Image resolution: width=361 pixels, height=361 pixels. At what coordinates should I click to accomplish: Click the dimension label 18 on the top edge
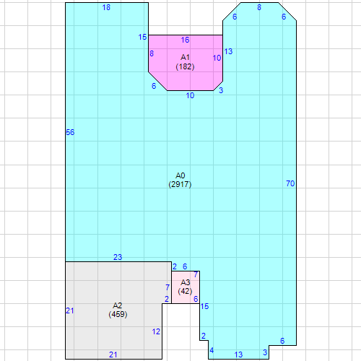[106, 7]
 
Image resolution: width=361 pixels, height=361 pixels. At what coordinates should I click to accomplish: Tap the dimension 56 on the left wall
[70, 132]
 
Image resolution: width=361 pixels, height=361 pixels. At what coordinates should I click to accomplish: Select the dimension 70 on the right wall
[290, 183]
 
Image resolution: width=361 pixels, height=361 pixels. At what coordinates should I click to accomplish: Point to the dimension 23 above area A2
[118, 257]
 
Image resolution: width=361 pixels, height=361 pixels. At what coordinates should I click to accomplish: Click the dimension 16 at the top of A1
[185, 40]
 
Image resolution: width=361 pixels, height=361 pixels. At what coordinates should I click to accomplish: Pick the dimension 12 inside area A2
[156, 331]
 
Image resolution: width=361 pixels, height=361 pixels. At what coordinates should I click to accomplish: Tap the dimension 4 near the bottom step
[212, 350]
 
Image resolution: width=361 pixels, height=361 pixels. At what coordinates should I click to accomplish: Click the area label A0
[180, 175]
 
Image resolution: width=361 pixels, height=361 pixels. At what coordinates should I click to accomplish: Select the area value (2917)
[180, 184]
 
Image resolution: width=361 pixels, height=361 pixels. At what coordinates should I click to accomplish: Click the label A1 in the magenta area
[185, 58]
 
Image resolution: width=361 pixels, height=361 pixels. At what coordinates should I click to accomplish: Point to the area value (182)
[185, 66]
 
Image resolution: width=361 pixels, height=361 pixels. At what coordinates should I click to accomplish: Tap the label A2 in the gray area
[118, 305]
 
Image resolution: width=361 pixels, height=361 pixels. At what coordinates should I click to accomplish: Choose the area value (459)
[118, 314]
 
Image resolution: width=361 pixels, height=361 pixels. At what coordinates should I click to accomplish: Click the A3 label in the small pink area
[186, 282]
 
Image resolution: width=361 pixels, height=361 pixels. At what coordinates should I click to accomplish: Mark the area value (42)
[185, 291]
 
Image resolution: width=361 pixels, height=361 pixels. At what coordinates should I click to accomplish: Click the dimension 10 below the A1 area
[190, 95]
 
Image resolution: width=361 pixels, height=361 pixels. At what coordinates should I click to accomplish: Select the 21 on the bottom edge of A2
[113, 355]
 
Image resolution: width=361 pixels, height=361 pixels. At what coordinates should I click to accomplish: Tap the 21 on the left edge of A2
[70, 310]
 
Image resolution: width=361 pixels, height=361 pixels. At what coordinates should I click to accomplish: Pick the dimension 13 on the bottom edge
[238, 355]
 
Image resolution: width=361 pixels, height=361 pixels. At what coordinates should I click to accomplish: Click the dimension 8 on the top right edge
[259, 7]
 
